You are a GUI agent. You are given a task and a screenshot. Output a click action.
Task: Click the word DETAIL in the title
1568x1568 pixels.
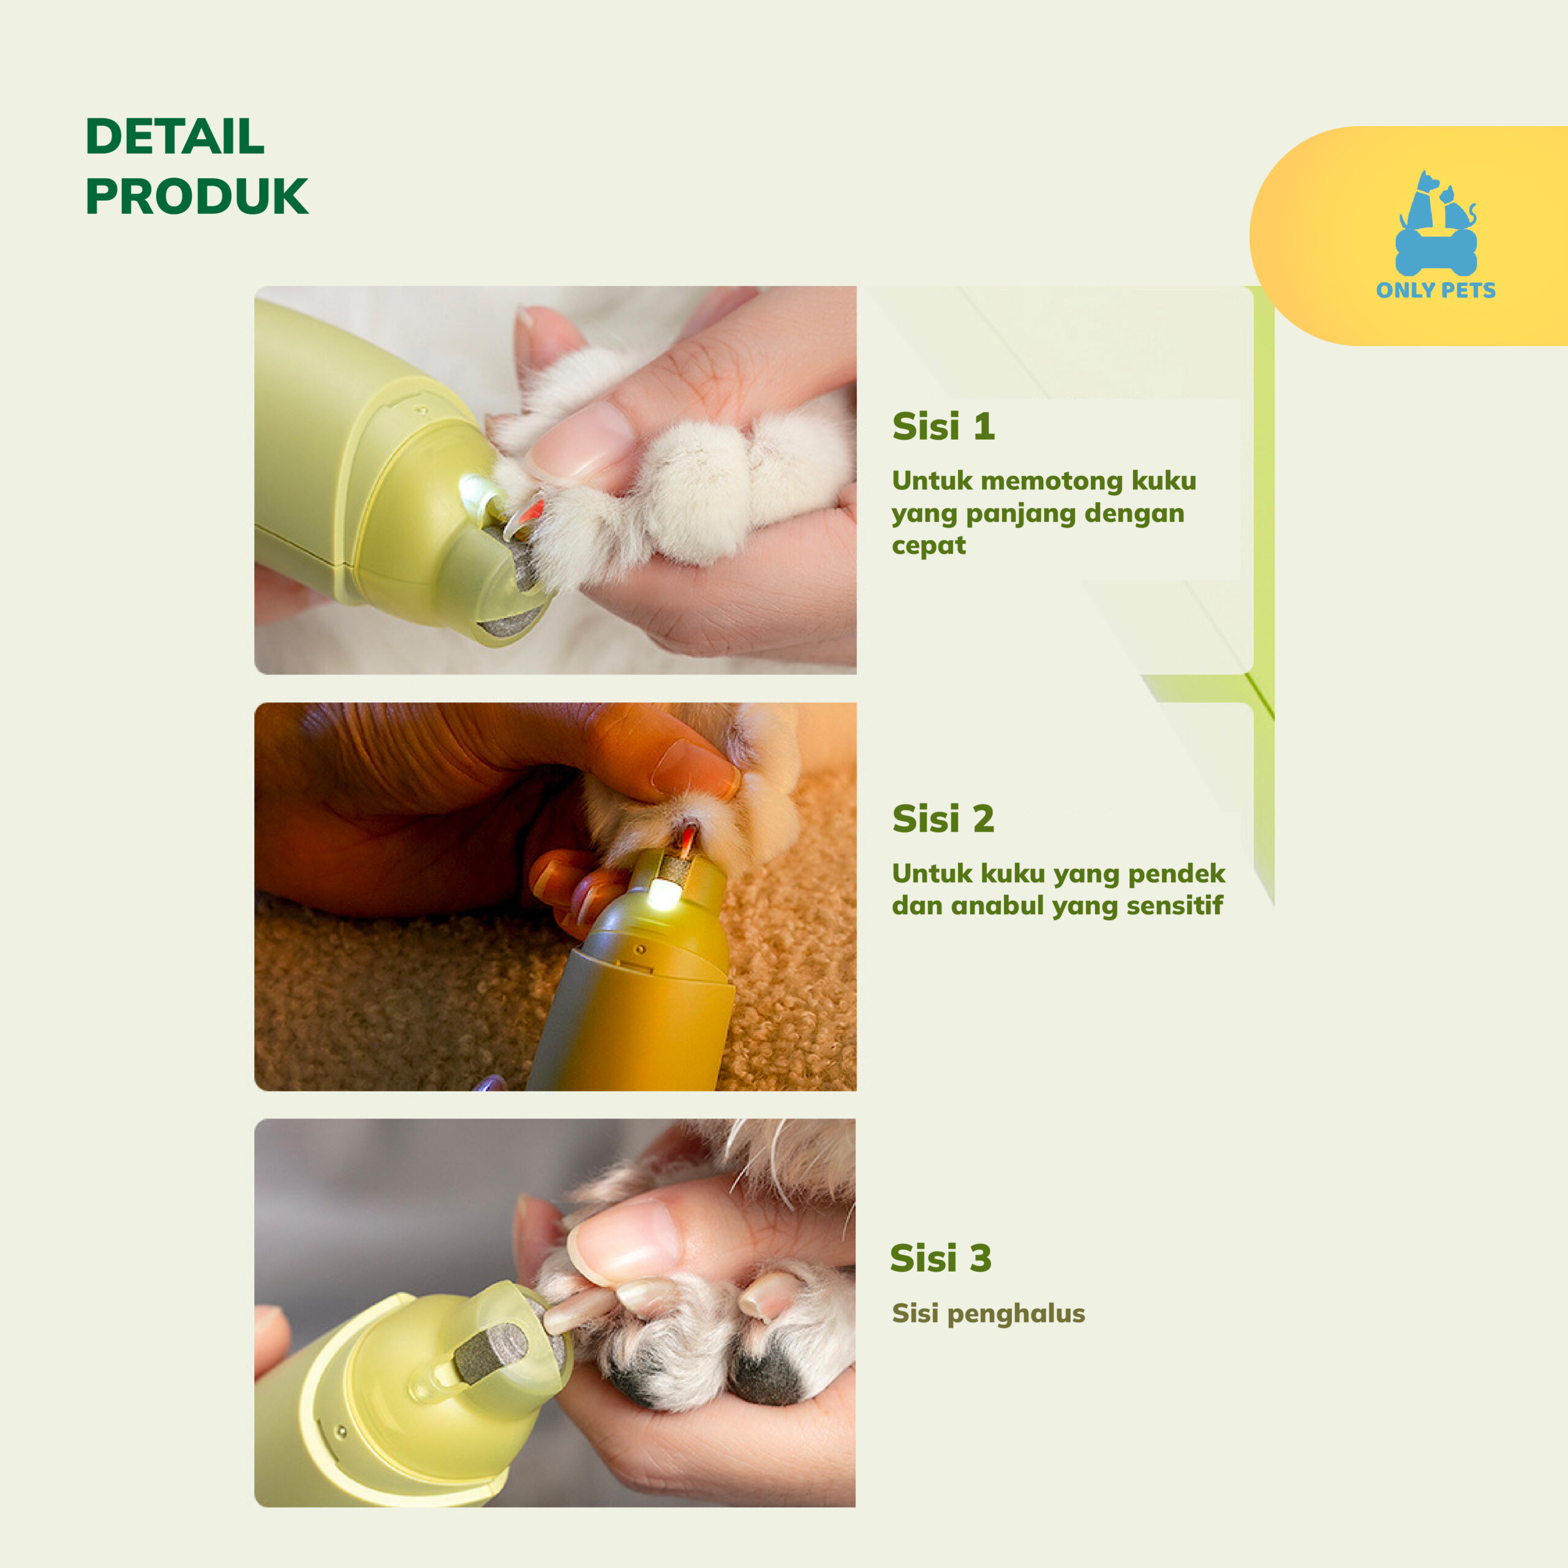tap(175, 137)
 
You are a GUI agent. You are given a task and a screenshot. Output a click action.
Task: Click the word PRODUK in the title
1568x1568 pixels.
tap(197, 197)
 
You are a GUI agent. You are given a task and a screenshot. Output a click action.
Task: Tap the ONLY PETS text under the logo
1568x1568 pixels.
tap(1435, 290)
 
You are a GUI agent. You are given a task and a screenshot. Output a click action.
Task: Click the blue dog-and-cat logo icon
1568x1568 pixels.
tap(1436, 223)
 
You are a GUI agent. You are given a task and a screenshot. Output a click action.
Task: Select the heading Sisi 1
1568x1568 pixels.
tap(943, 426)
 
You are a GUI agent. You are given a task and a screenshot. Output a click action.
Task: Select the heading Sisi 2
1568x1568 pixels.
tap(943, 819)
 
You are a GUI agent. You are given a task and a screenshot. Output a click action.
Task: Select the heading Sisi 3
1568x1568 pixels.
tap(941, 1258)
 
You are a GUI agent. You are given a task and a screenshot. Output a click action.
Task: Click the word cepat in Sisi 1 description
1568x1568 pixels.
tap(929, 545)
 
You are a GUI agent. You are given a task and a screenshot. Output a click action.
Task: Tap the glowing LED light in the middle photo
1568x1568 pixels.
tap(663, 896)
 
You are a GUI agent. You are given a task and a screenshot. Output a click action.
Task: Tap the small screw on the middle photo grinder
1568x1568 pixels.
tap(639, 949)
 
